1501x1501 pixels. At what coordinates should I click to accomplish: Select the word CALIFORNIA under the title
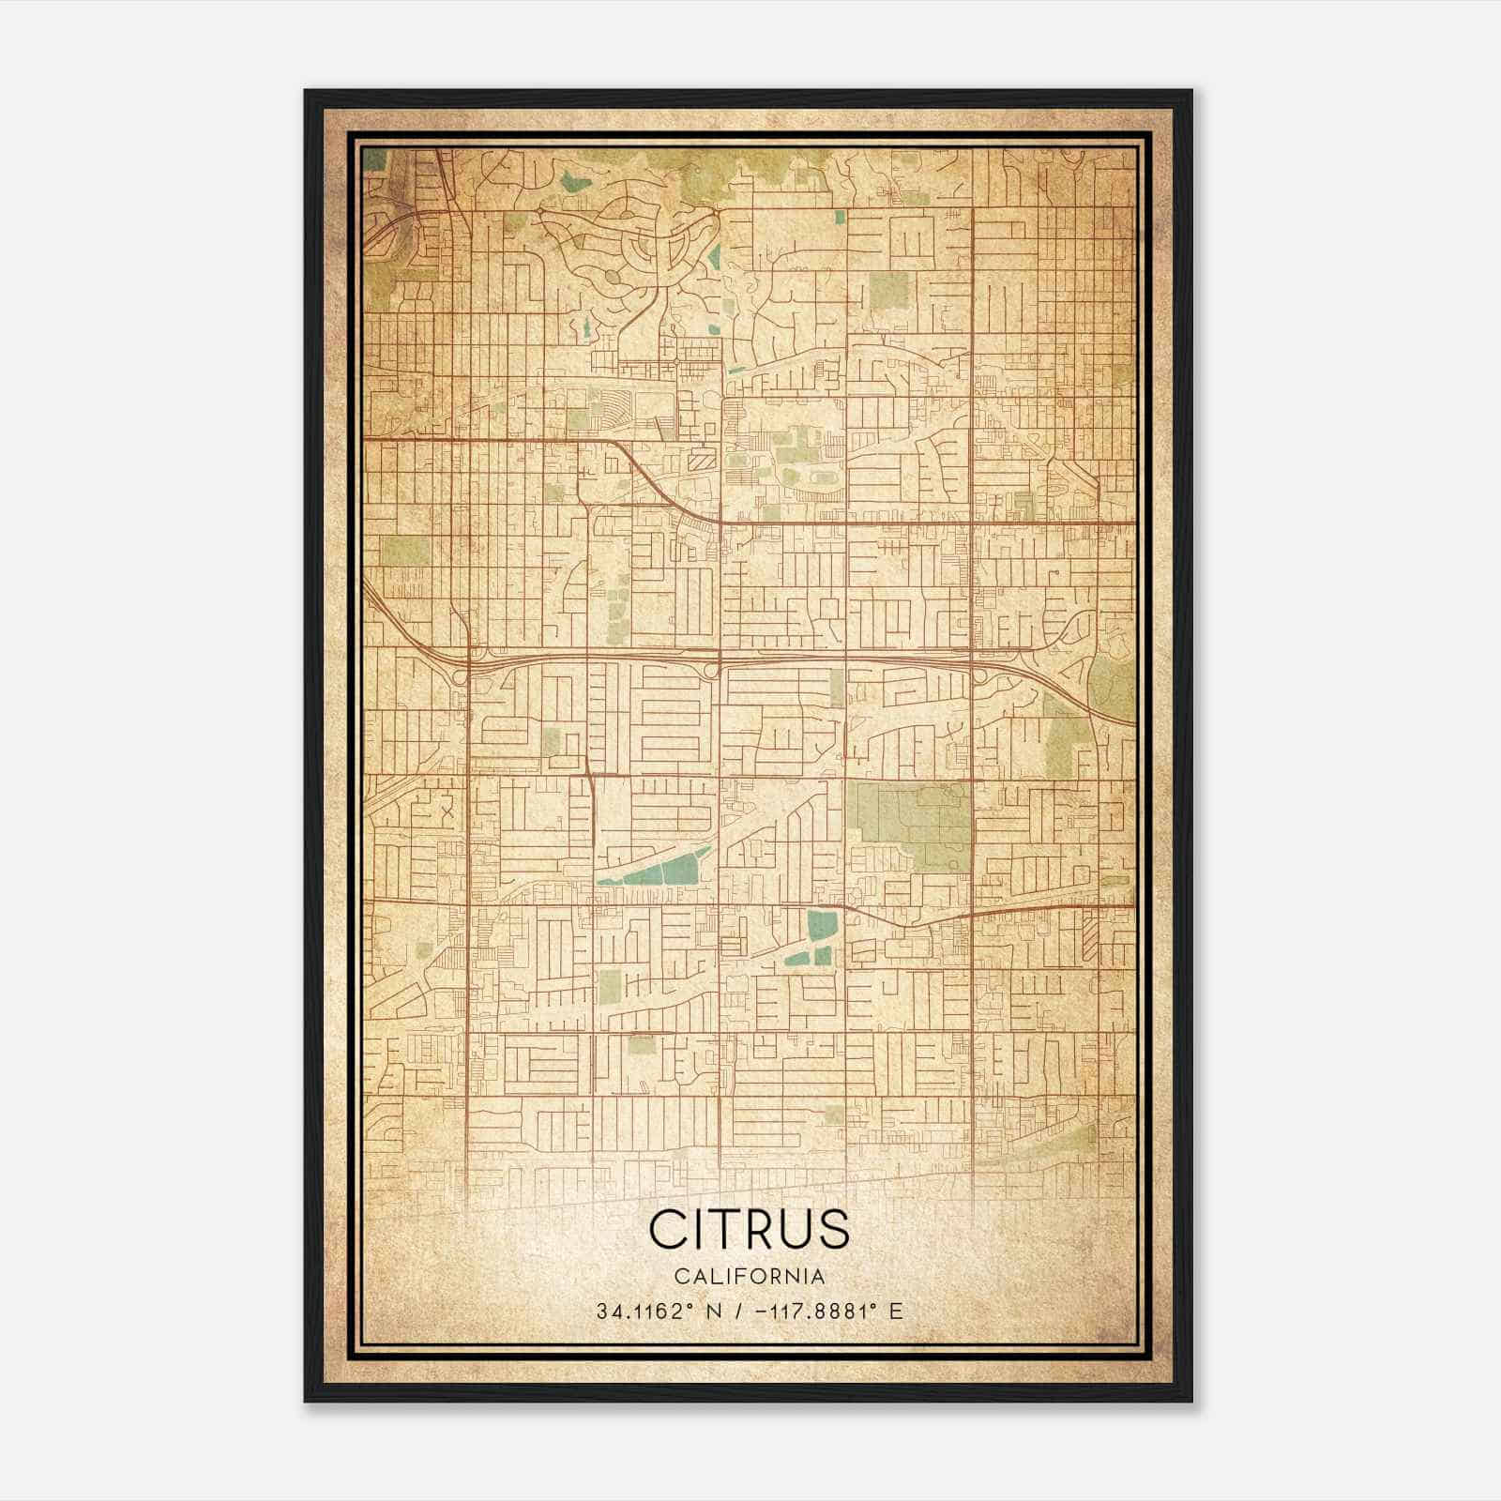click(x=749, y=1277)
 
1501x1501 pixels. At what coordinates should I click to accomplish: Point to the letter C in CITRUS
click(x=668, y=1229)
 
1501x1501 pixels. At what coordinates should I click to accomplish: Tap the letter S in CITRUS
click(x=834, y=1229)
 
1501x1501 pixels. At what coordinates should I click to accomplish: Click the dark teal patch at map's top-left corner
click(x=373, y=159)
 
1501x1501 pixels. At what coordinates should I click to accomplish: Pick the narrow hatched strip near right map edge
click(x=1089, y=933)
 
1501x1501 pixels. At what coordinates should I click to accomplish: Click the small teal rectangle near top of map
click(x=840, y=217)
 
